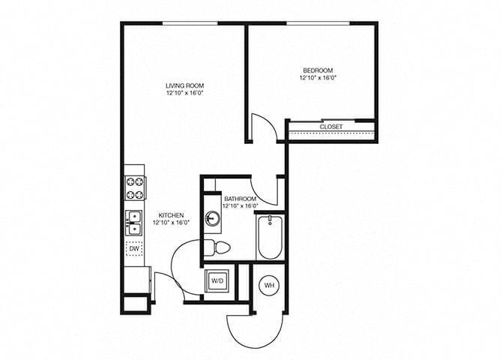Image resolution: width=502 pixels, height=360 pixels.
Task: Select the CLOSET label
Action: point(330,127)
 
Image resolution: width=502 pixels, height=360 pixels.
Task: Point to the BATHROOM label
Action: point(240,198)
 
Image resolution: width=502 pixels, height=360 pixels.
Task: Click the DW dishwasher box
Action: point(135,248)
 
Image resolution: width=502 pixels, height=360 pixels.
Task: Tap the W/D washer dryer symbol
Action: point(218,281)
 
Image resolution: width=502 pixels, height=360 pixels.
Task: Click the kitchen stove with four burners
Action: point(135,187)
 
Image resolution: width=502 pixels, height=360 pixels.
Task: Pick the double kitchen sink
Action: point(135,221)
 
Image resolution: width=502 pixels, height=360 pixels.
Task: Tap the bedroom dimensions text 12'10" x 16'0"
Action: point(317,77)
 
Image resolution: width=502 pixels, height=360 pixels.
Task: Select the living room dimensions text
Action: point(185,94)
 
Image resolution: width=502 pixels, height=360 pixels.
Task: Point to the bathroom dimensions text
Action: point(240,205)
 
